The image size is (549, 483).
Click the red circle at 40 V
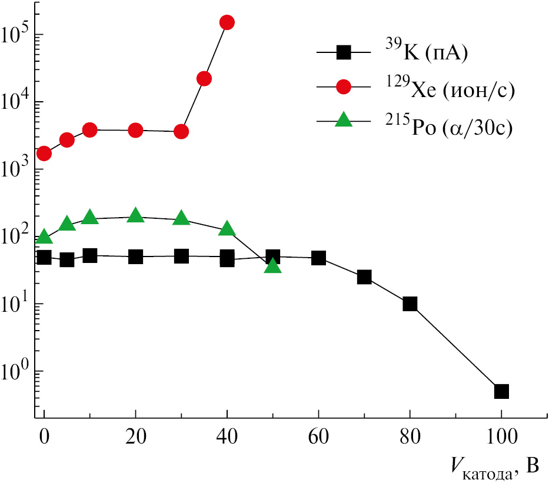click(227, 22)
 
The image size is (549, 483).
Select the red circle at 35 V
click(204, 79)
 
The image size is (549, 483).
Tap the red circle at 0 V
click(44, 154)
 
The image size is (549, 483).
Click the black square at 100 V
click(501, 391)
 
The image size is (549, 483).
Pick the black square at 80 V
click(410, 304)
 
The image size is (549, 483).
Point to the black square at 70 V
click(364, 277)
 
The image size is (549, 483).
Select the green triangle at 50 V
click(273, 267)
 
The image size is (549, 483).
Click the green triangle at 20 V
click(135, 215)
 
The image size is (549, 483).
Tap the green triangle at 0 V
click(44, 237)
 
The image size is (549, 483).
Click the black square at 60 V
click(318, 258)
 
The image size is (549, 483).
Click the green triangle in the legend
click(344, 121)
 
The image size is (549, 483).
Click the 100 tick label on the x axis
click(501, 438)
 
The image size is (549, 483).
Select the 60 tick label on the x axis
click(318, 438)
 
